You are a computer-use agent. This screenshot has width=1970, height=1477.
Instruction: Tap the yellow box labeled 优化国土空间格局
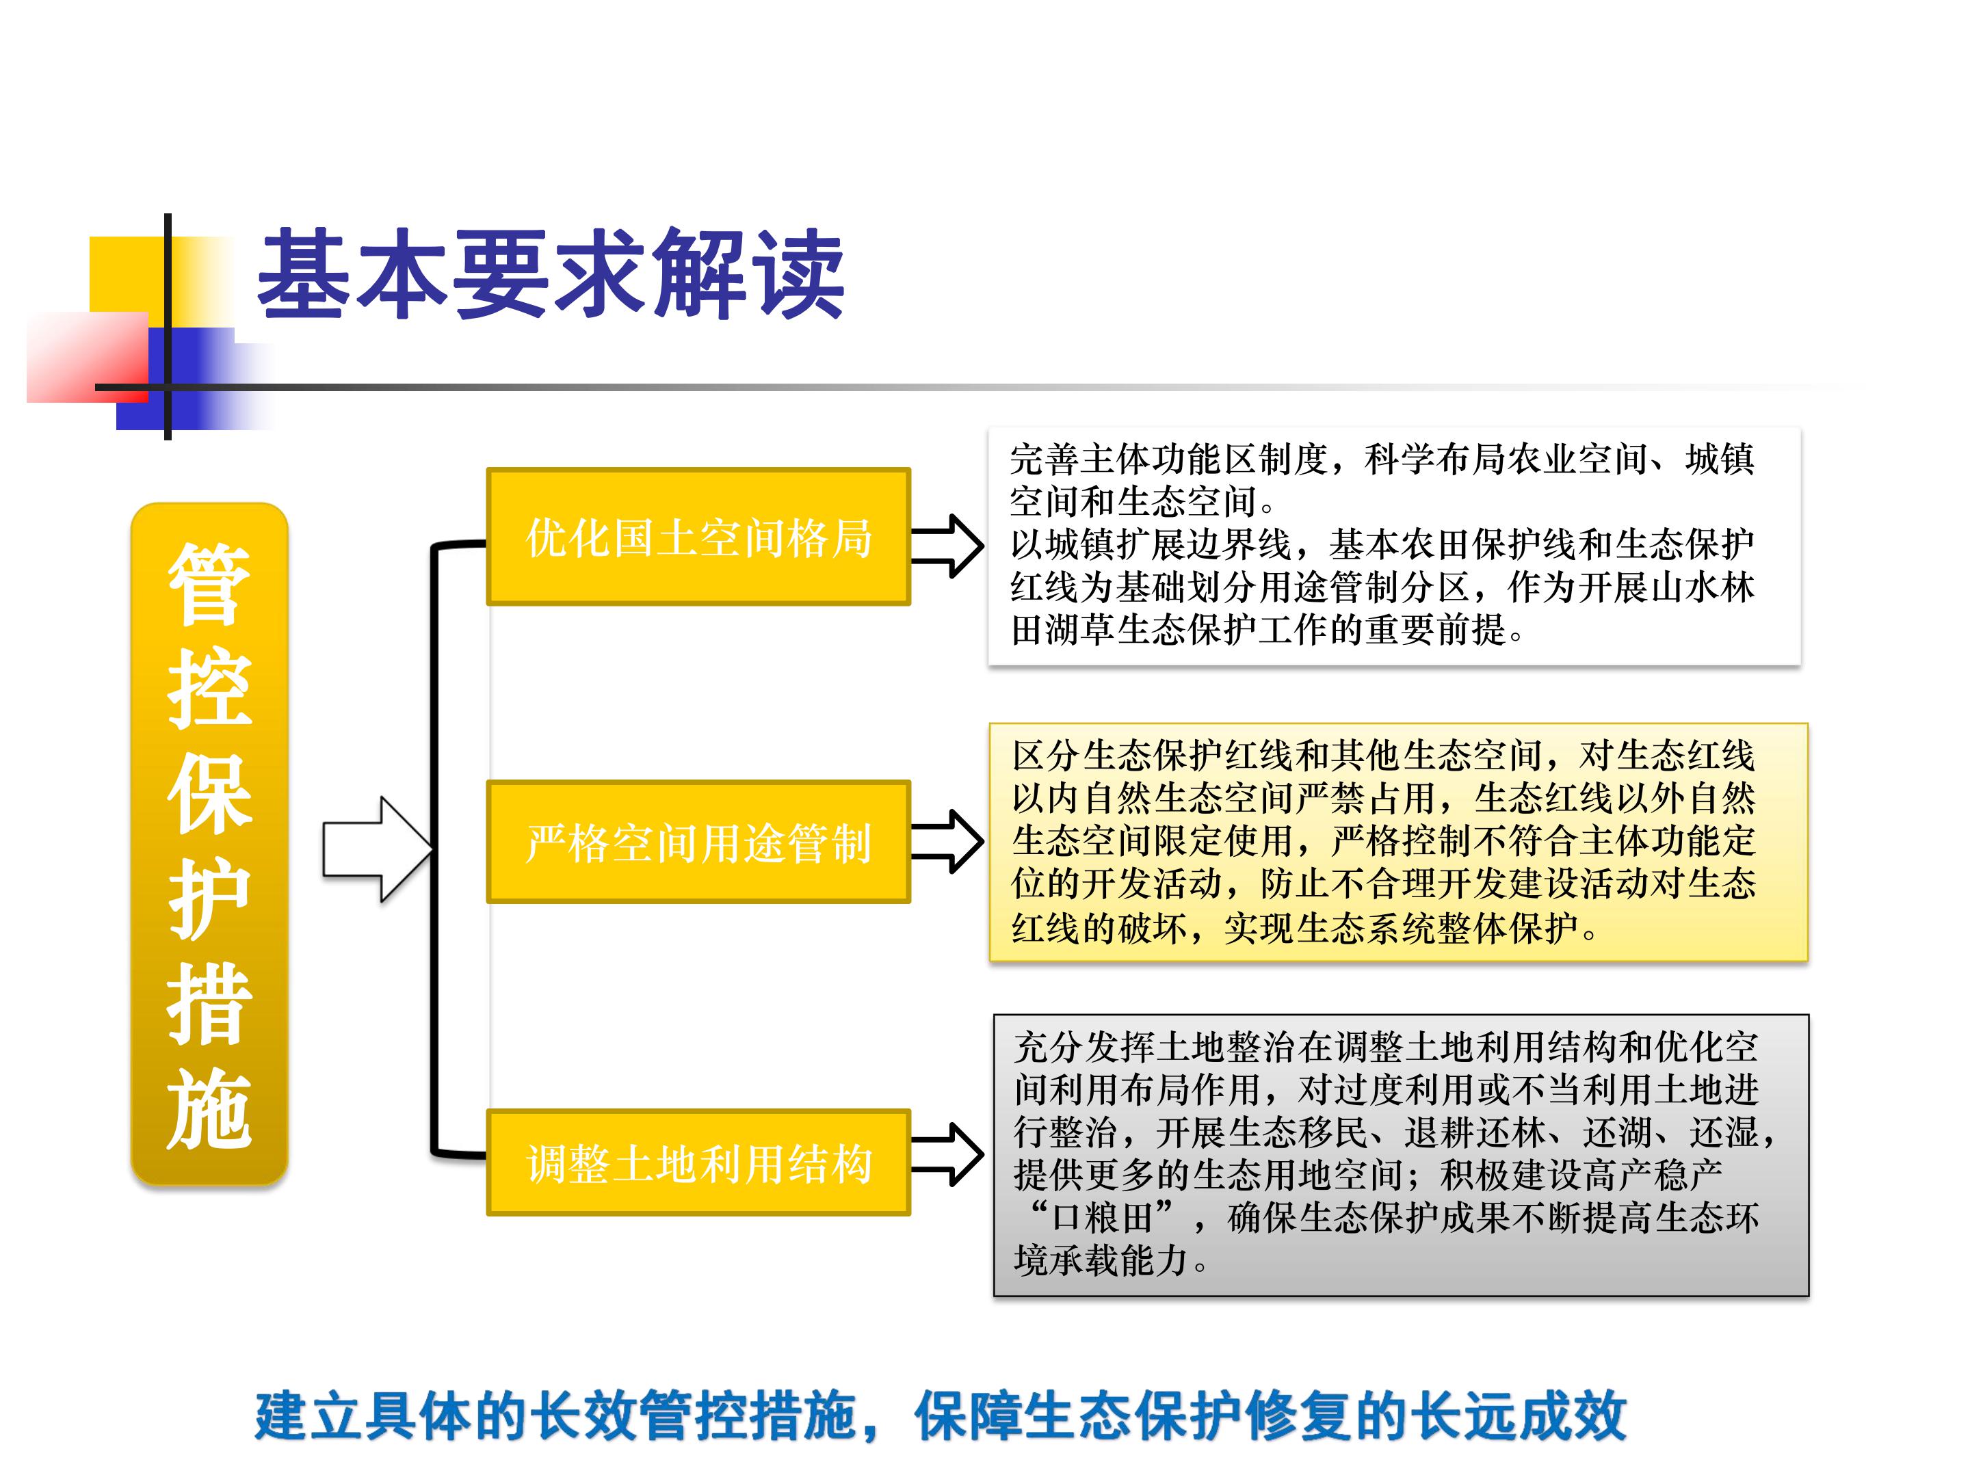tap(698, 537)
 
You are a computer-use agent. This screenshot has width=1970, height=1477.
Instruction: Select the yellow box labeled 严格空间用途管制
tap(698, 841)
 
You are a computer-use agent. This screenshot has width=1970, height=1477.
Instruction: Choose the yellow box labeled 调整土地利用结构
tap(698, 1162)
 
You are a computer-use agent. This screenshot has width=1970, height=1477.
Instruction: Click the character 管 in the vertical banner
tap(209, 584)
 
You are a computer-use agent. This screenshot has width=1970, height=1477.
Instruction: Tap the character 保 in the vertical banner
tap(209, 793)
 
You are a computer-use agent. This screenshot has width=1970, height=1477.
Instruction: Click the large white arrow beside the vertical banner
tap(378, 849)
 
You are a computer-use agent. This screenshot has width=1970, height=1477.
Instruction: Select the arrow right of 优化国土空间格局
tap(947, 545)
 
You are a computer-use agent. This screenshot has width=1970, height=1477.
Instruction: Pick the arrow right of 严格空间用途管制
tap(947, 840)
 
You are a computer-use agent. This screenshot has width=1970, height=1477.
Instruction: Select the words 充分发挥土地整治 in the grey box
tap(1154, 1047)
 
